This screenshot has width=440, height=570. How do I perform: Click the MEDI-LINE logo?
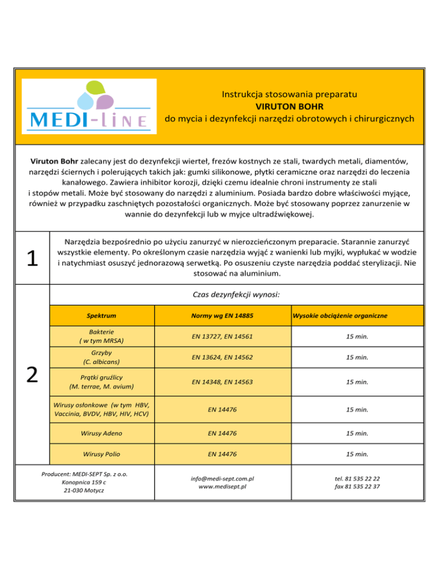[89, 107]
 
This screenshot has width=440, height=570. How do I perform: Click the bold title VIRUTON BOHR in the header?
[289, 106]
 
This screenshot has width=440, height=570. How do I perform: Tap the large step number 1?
[33, 259]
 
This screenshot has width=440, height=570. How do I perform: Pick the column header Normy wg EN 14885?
[222, 316]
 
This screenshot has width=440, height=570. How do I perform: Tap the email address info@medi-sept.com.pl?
[222, 478]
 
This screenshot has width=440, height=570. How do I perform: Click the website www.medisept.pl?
[222, 487]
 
